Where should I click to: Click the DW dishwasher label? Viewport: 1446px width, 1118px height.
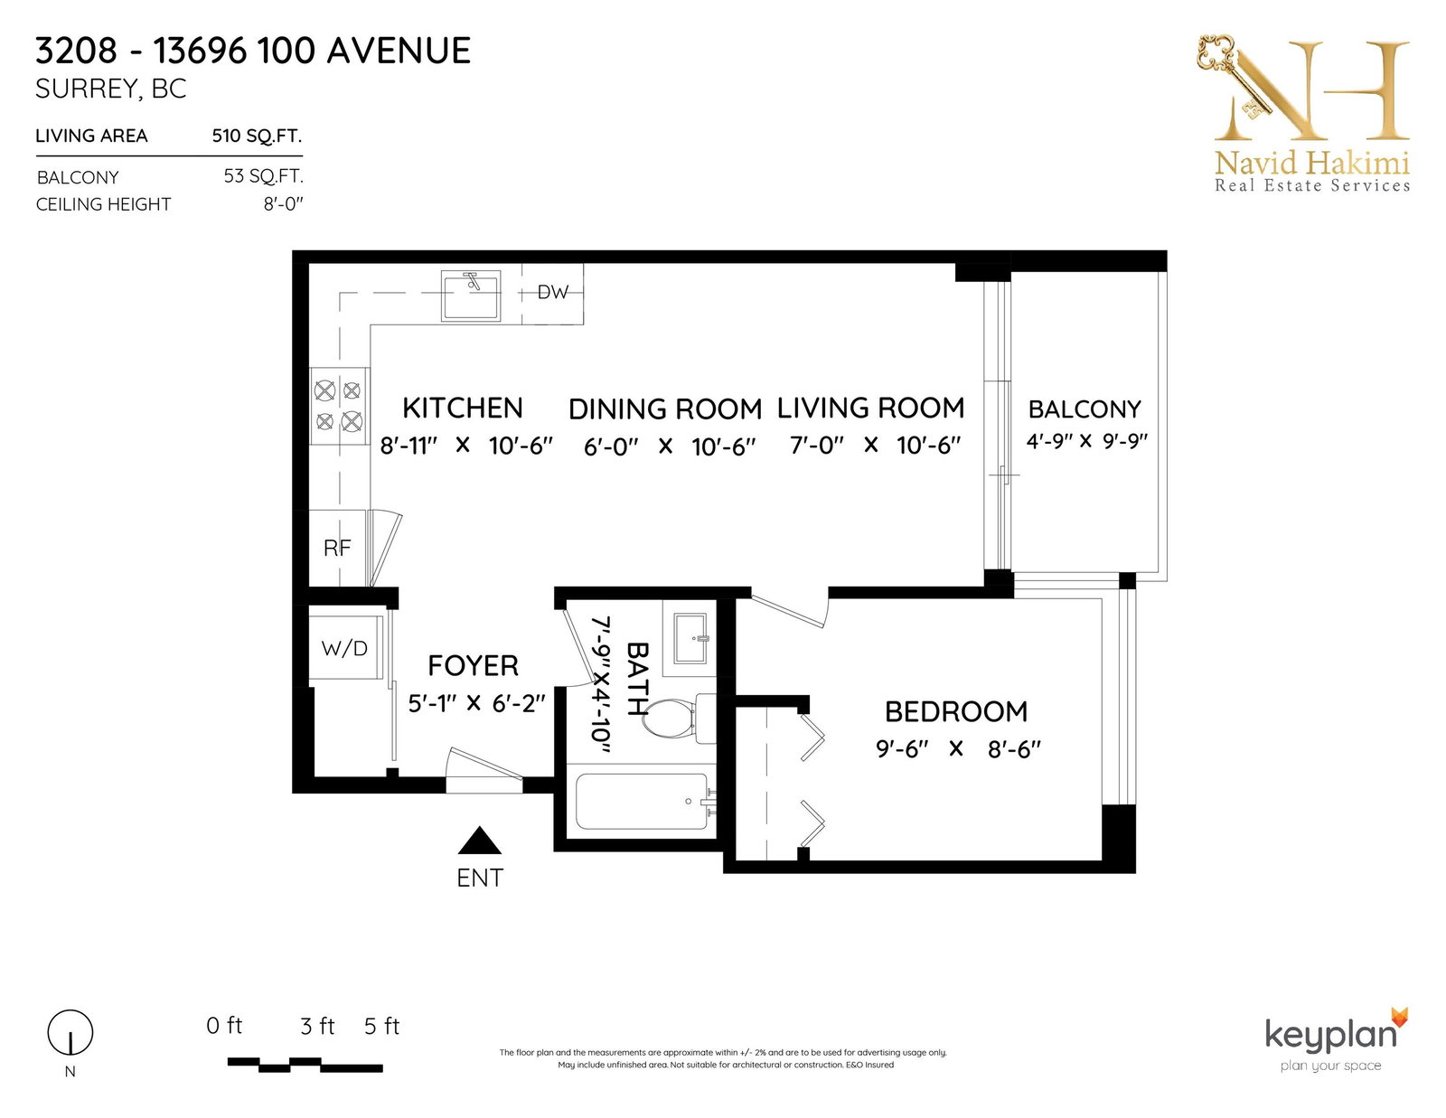[x=552, y=292]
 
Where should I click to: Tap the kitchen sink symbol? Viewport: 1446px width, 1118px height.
[x=471, y=296]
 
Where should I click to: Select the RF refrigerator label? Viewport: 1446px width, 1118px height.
[x=337, y=548]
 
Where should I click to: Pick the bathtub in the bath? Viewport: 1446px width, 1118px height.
[x=642, y=802]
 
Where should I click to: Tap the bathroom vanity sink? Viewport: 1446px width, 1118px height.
[x=690, y=638]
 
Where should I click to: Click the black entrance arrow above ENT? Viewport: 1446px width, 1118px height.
[x=479, y=841]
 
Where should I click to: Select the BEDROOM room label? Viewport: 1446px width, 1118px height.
[x=955, y=712]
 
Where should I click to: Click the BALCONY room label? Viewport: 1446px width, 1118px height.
[x=1084, y=409]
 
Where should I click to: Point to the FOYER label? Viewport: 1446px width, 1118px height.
[x=473, y=665]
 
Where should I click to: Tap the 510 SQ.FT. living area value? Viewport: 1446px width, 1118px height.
[x=257, y=136]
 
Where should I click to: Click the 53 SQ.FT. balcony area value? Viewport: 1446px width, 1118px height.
[x=264, y=176]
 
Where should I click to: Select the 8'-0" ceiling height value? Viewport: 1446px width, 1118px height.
[x=283, y=203]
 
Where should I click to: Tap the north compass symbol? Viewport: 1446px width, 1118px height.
[x=70, y=1033]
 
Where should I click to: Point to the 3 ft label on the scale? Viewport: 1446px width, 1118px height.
[x=317, y=1026]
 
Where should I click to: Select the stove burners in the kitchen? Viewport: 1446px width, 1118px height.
[x=338, y=406]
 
